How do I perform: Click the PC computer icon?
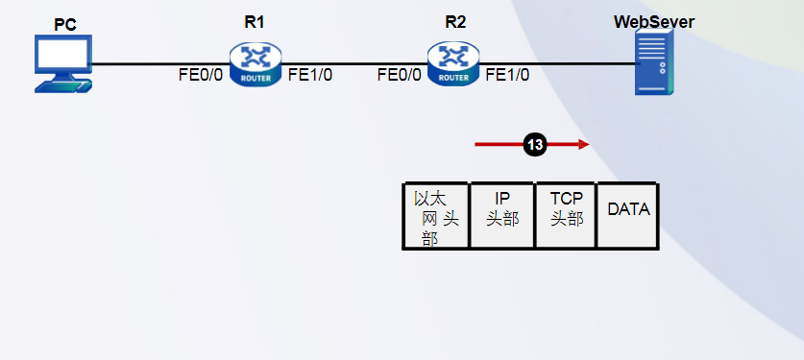point(64,64)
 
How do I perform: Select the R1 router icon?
point(256,64)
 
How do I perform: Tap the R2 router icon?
point(453,64)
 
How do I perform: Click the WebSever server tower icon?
point(654,64)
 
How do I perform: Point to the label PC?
point(64,25)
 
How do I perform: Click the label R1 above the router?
point(255,22)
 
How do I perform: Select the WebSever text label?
point(654,21)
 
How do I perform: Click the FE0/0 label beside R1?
point(201,75)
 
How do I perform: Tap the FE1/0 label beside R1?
point(310,75)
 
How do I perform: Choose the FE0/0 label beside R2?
point(400,75)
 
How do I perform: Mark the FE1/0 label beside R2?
point(507,75)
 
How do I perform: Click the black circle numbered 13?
point(534,145)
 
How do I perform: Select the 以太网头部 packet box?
point(436,216)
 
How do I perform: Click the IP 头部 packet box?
point(502,216)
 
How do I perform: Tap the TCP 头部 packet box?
point(566,216)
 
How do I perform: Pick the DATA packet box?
point(628,216)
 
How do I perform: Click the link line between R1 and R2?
point(355,64)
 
